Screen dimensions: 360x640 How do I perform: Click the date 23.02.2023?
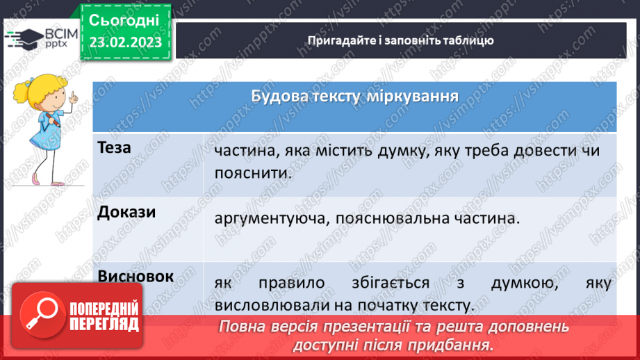pyautogui.click(x=125, y=42)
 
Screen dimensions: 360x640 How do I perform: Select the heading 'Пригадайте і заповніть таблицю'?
pyautogui.click(x=400, y=40)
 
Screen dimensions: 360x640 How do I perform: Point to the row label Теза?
pyautogui.click(x=115, y=148)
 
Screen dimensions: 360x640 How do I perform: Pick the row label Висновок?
pyautogui.click(x=136, y=276)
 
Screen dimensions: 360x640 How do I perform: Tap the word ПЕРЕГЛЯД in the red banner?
pyautogui.click(x=104, y=324)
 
